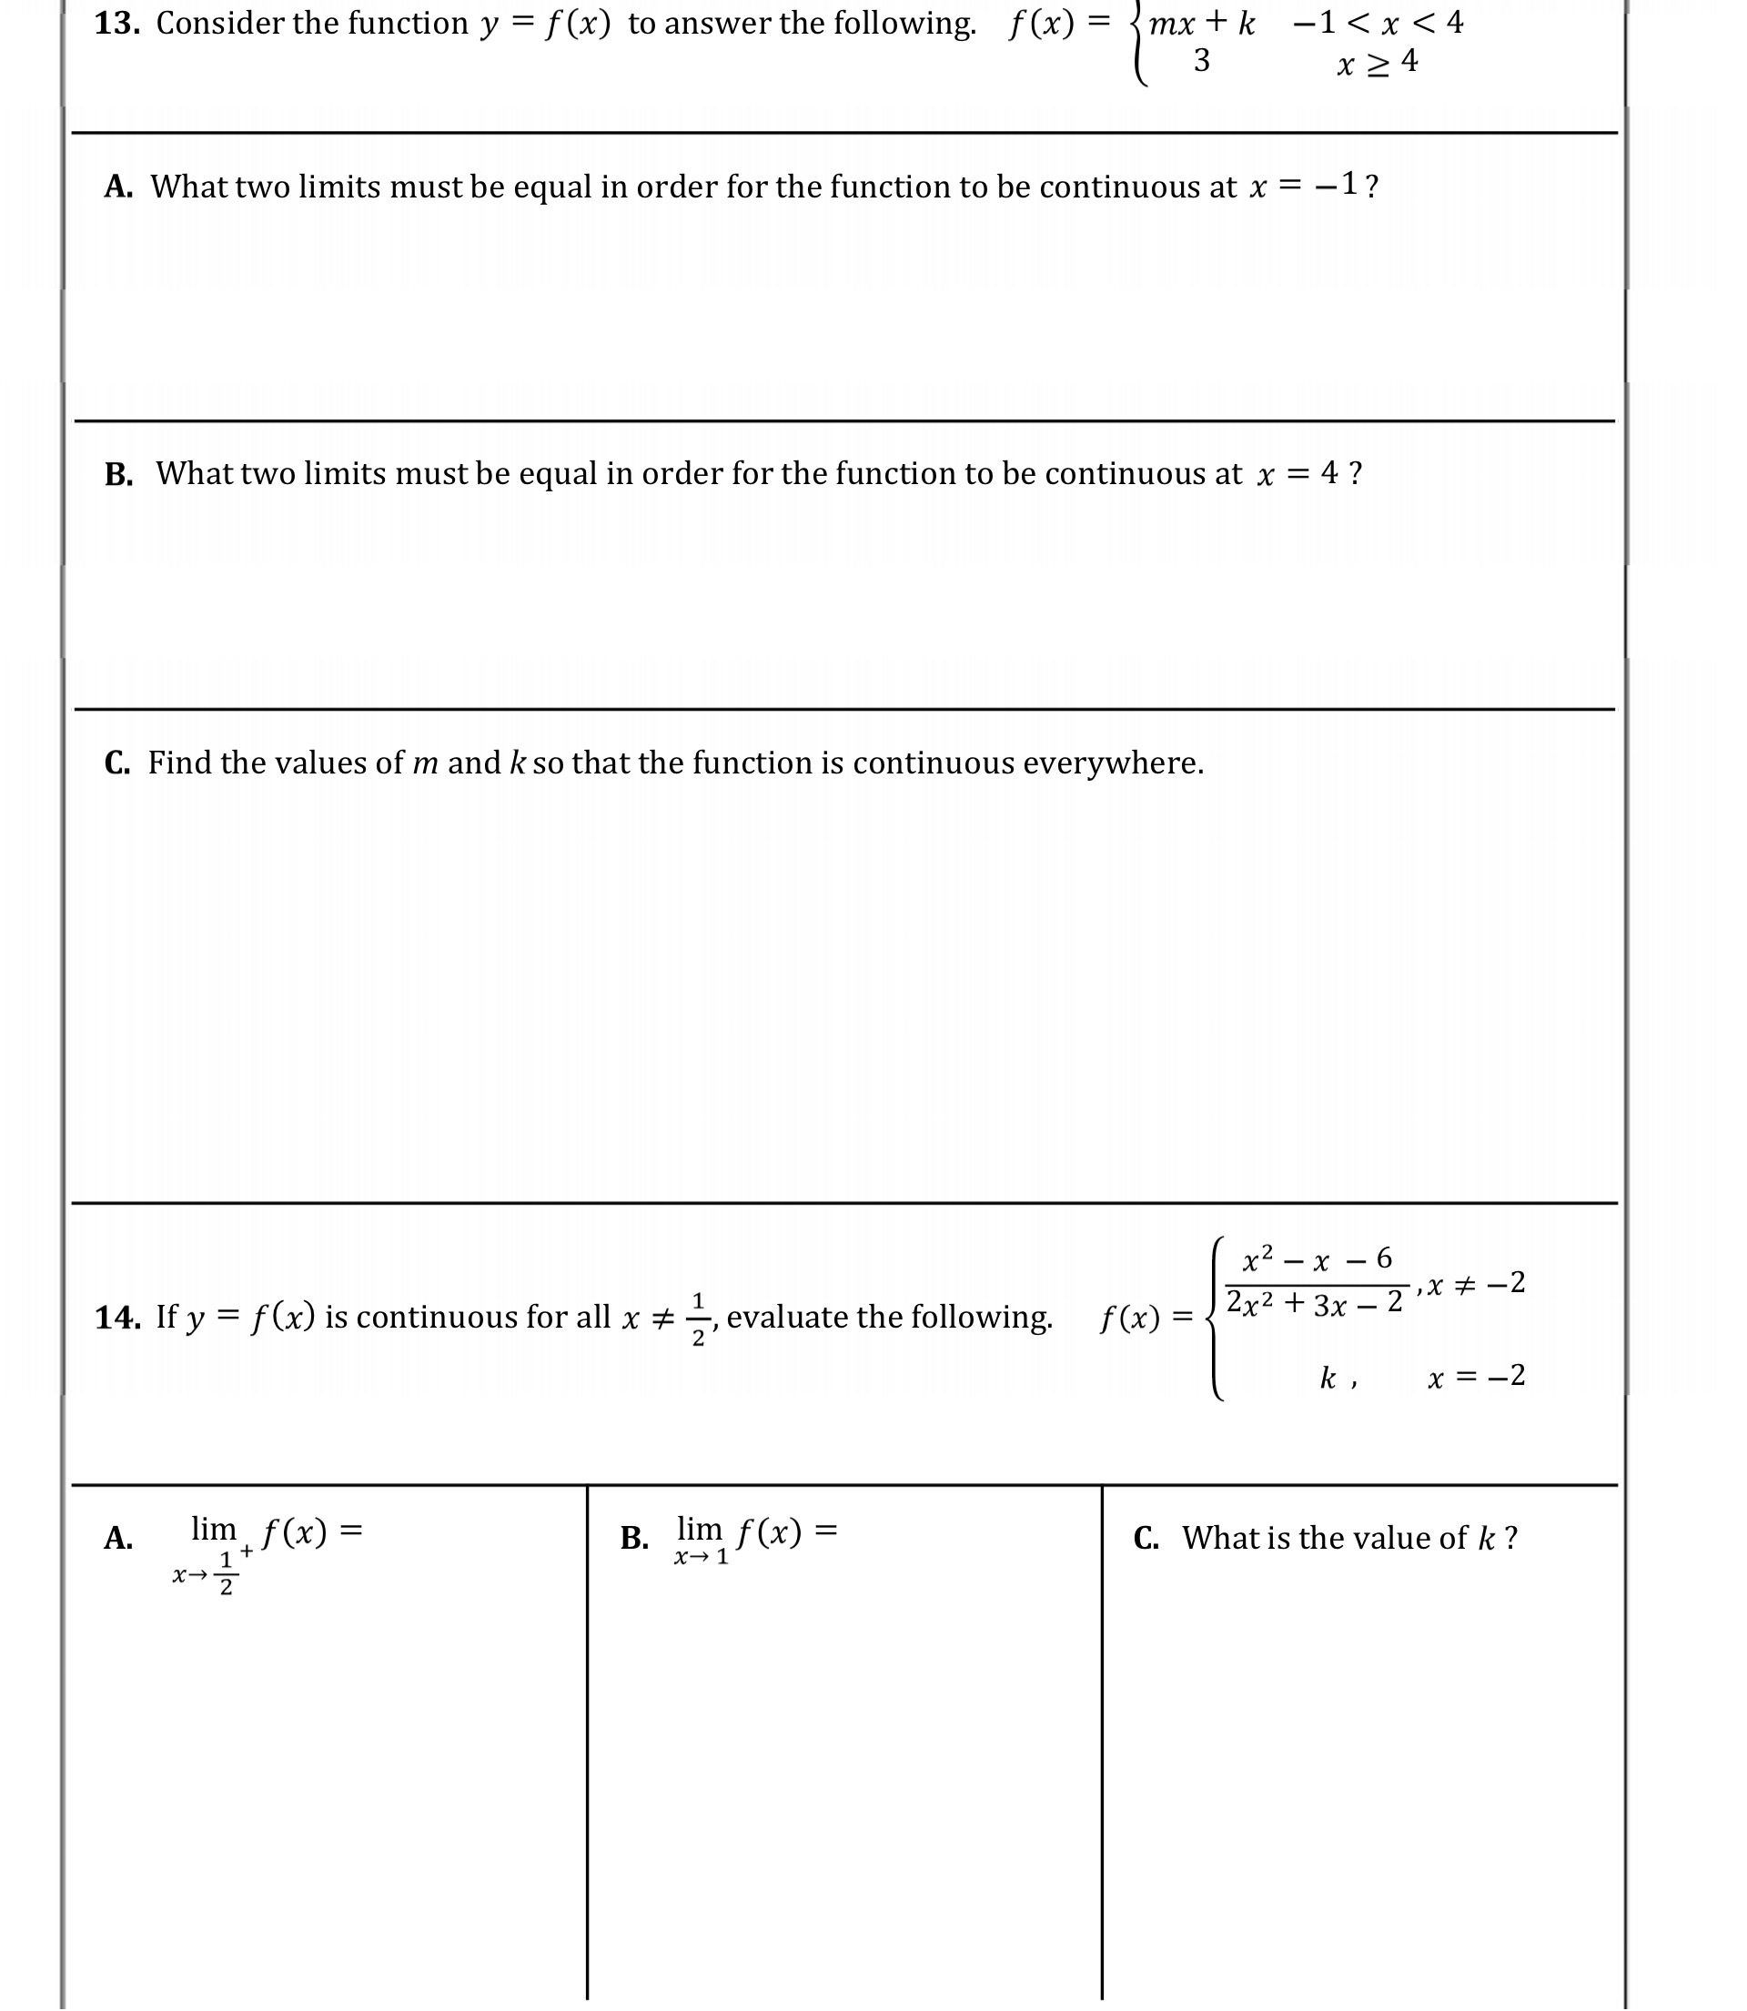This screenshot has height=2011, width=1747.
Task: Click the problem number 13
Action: click(116, 24)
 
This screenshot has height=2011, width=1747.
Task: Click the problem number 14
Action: click(117, 1317)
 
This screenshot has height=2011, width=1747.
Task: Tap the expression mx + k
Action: click(1201, 24)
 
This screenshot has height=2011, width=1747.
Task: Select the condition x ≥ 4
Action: click(1378, 64)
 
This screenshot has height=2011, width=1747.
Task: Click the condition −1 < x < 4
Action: click(1378, 23)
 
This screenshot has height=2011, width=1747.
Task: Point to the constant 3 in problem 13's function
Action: click(1201, 61)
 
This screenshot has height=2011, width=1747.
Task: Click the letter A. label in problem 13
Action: click(118, 187)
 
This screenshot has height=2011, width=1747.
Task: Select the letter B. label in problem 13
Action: click(118, 475)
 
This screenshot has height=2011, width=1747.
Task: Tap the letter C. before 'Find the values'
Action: click(117, 763)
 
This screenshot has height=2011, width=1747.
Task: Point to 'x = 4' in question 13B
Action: click(1298, 474)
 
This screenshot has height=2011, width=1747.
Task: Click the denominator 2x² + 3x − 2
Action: click(1314, 1303)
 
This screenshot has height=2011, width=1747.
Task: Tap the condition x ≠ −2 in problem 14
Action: click(1476, 1284)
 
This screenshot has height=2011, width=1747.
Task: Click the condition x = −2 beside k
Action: click(1476, 1377)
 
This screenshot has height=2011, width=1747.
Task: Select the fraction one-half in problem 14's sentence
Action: click(698, 1319)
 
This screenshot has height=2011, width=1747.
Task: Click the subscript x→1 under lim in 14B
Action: click(701, 1558)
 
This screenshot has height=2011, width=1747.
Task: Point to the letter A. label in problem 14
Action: click(118, 1538)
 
